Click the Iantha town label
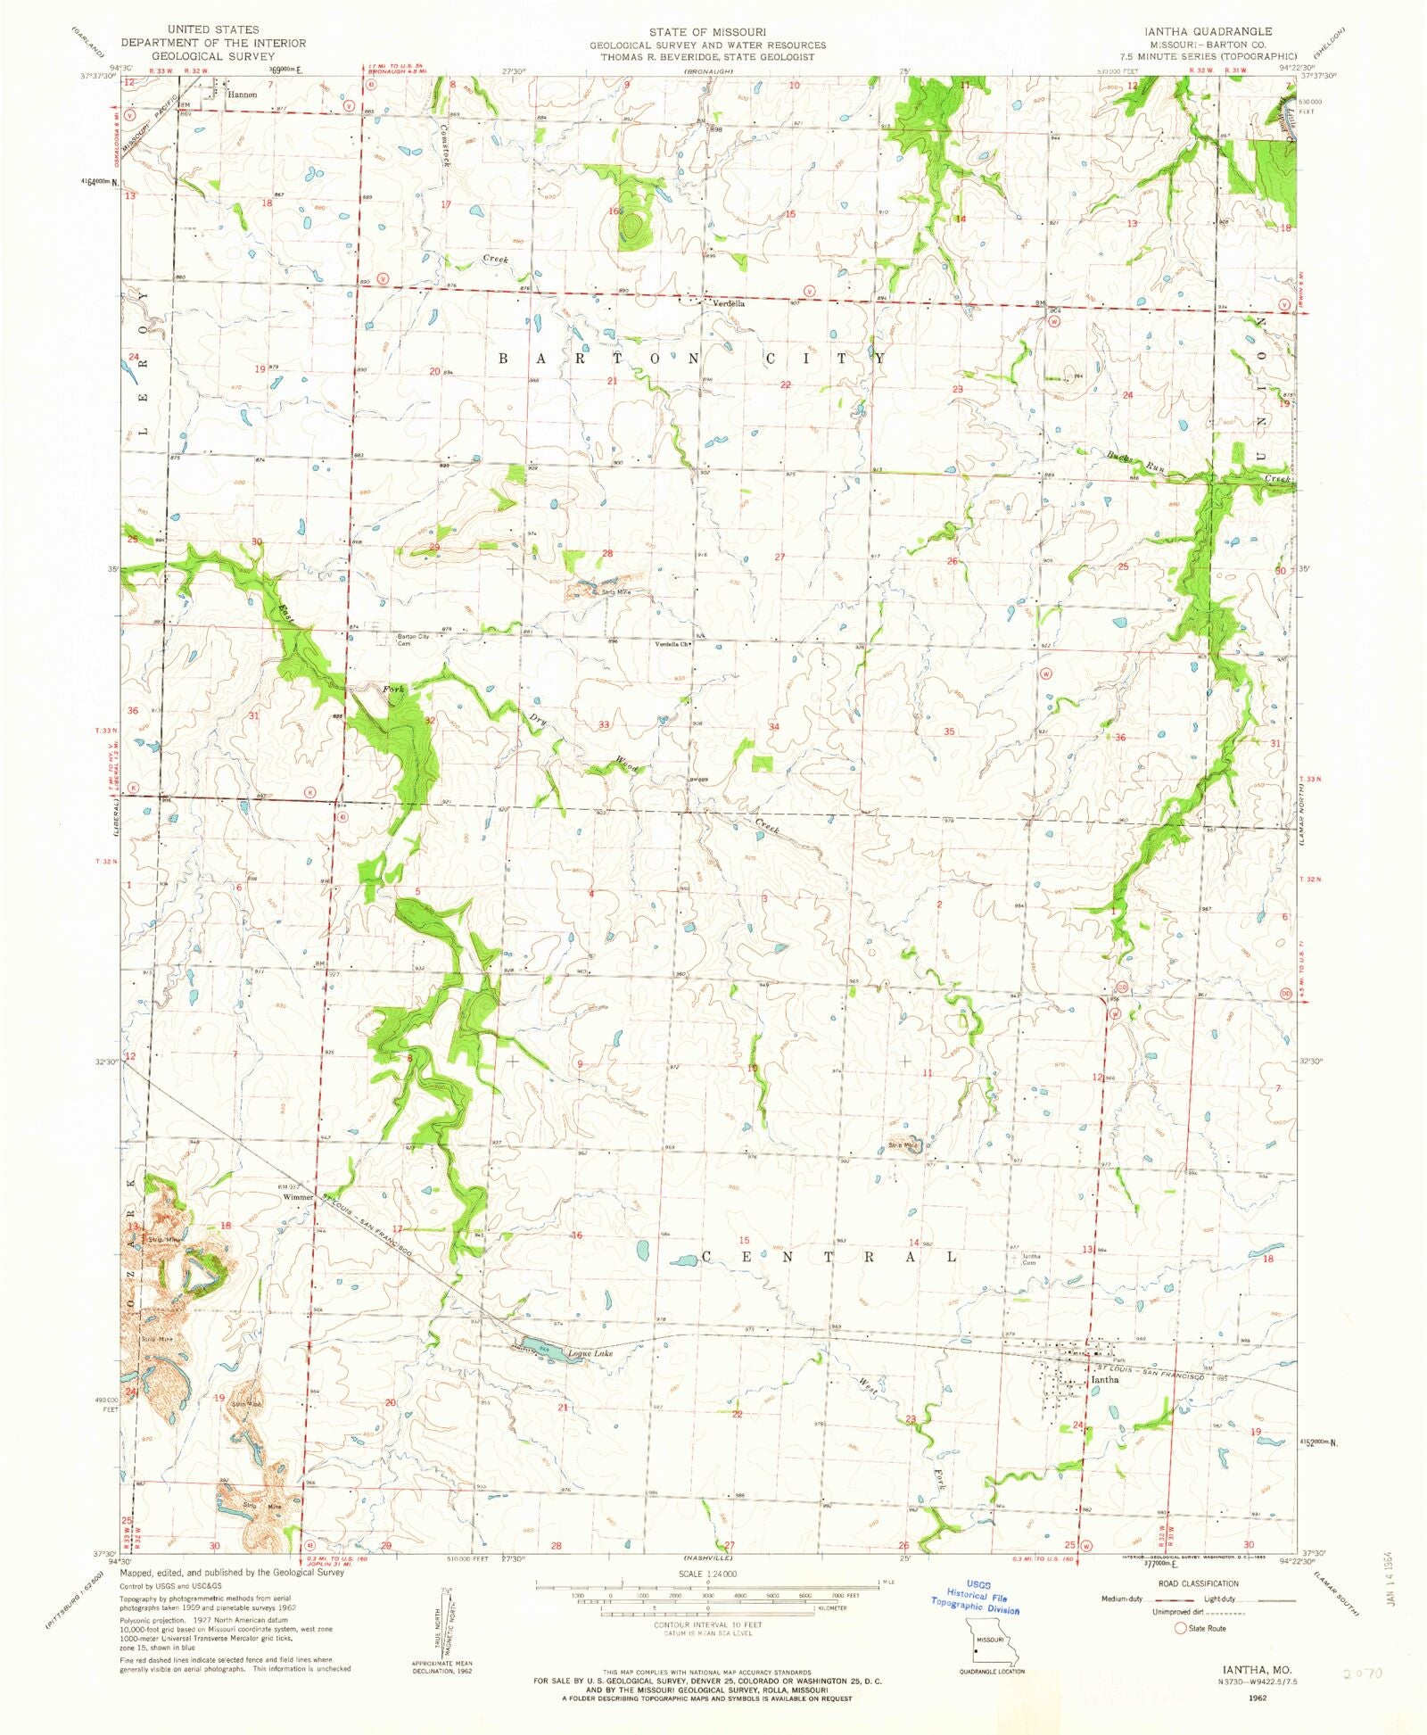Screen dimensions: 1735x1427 point(1105,1379)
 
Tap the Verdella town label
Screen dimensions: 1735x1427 point(728,303)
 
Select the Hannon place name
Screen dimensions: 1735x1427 point(242,94)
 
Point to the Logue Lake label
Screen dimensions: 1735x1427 point(590,1353)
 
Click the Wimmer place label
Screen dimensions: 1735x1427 point(298,1197)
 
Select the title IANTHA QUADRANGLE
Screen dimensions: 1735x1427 point(1208,31)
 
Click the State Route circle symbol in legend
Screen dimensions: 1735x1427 point(1180,1628)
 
